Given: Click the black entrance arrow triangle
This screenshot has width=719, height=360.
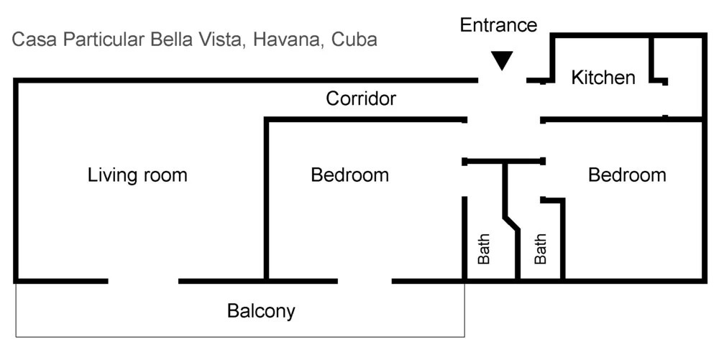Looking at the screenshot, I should (502, 61).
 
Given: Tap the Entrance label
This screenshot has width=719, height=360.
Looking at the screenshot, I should (498, 26).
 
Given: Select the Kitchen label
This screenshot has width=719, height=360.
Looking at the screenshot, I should (603, 78).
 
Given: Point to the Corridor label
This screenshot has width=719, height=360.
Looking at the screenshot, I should (361, 98).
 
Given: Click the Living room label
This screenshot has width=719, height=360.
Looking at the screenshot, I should (137, 175).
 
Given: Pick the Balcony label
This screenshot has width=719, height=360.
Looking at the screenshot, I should (261, 311).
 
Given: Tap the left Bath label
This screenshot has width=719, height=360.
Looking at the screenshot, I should (484, 249).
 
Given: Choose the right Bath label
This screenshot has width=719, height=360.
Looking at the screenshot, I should (541, 249).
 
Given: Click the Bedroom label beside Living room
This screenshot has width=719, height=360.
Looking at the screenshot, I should (349, 175).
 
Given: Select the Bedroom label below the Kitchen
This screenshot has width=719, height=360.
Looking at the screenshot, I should (627, 175).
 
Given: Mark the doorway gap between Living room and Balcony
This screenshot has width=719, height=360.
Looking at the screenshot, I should (143, 280).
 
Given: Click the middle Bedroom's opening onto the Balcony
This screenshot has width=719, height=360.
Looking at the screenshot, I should (365, 280).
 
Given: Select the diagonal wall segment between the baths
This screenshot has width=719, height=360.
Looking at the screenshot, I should (513, 221).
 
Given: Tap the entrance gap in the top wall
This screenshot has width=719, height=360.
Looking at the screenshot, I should (503, 80).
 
